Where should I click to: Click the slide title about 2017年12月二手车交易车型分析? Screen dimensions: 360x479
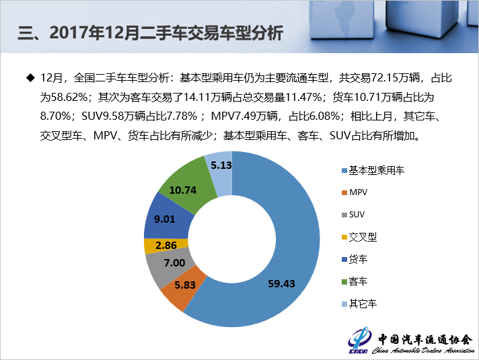click(x=150, y=32)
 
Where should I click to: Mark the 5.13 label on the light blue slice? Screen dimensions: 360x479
click(x=221, y=164)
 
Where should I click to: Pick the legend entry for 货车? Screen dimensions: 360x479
click(x=358, y=259)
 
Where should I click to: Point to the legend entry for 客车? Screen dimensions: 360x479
click(x=358, y=281)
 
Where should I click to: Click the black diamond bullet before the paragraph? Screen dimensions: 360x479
click(x=29, y=78)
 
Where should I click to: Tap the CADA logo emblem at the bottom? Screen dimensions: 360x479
click(x=359, y=340)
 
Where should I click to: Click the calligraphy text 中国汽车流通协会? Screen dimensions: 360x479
click(x=425, y=339)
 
